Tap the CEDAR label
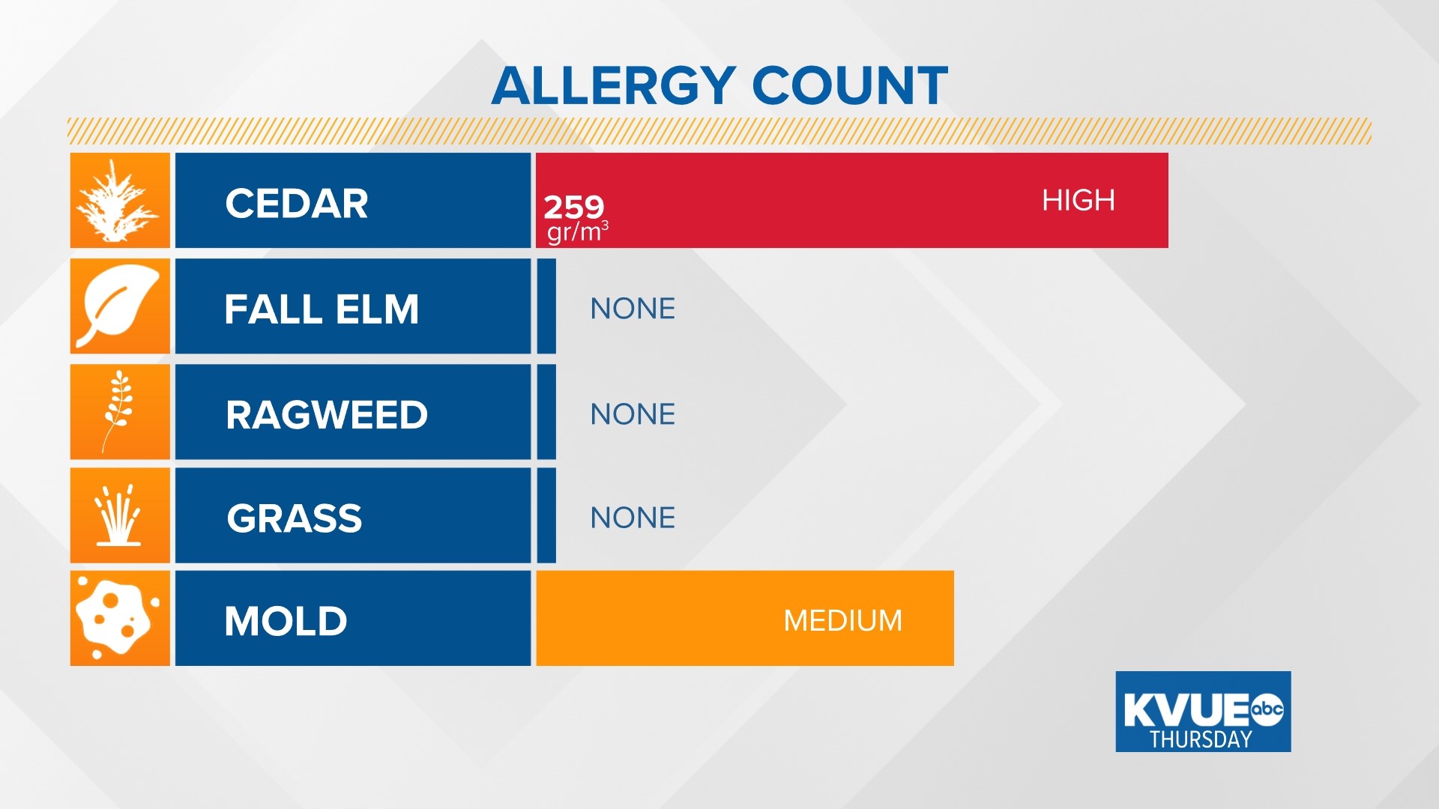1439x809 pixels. pos(297,203)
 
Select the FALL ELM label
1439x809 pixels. pos(322,309)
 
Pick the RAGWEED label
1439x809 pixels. pos(327,414)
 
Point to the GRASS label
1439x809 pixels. pos(295,518)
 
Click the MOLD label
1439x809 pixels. pos(286,621)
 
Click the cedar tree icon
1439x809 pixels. pos(119,201)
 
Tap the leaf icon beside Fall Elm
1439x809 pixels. pos(119,306)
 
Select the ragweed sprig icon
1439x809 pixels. pos(118,411)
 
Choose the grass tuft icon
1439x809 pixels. pos(118,515)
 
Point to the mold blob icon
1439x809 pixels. pos(118,618)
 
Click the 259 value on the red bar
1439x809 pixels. pos(573,206)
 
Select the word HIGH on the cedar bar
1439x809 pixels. pos(1079,200)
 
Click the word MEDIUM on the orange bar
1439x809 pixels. pos(842,620)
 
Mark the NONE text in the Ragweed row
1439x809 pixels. pos(633,413)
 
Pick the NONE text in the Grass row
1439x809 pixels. pos(633,517)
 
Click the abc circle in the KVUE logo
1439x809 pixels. pos(1267,709)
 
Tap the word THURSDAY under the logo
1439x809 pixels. pos(1201,739)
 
